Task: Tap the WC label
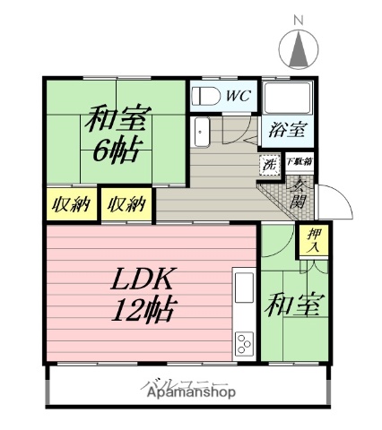tap(238, 93)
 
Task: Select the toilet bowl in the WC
tap(204, 95)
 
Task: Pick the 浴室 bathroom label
tap(287, 130)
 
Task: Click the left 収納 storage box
tap(70, 203)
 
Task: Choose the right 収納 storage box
tap(126, 203)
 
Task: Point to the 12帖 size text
tap(142, 311)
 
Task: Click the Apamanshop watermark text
tap(186, 392)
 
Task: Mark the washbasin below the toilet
tap(202, 131)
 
